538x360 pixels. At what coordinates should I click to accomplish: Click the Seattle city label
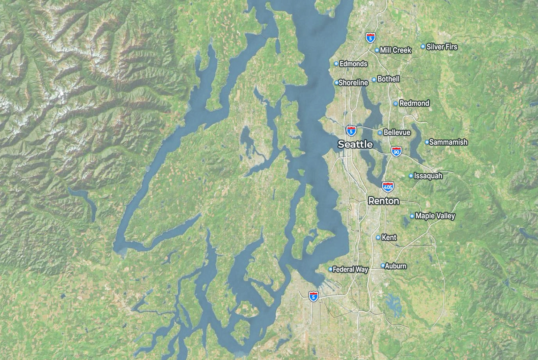(x=355, y=144)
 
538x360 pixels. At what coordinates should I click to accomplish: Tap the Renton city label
(x=384, y=201)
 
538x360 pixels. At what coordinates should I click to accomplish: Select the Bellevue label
(x=397, y=132)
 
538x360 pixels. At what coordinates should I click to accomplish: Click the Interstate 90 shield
(x=396, y=151)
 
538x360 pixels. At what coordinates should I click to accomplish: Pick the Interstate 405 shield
(x=387, y=187)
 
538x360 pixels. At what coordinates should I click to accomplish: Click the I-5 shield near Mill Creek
(x=370, y=37)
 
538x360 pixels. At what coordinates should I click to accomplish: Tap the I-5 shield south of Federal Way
(x=314, y=296)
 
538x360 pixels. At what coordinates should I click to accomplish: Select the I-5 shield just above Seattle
(x=351, y=131)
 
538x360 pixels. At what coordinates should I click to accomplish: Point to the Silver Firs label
(x=442, y=47)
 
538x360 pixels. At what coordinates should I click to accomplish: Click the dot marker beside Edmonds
(x=336, y=64)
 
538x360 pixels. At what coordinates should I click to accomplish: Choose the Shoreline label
(x=353, y=83)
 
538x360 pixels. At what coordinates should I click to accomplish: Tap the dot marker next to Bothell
(x=374, y=80)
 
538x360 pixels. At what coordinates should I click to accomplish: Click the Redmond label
(x=414, y=103)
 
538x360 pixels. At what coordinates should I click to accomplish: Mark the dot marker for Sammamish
(x=427, y=142)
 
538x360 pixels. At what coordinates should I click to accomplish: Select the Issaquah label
(x=428, y=176)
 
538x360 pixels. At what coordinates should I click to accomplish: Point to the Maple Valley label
(x=435, y=216)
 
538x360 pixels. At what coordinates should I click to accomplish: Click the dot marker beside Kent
(x=378, y=237)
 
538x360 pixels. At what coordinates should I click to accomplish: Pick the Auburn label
(x=396, y=266)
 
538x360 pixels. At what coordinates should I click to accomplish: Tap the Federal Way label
(x=350, y=269)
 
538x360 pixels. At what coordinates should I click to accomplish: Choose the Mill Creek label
(x=395, y=50)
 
